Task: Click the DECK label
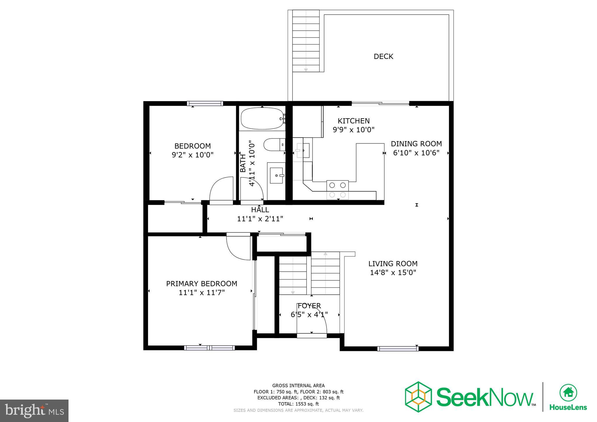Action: coord(383,57)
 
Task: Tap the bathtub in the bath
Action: coord(261,119)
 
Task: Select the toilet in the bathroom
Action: coord(274,145)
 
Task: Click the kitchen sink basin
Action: coord(303,150)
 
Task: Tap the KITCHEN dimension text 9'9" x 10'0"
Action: coord(353,130)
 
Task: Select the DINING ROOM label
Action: coord(416,144)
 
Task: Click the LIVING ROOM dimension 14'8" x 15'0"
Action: coord(393,273)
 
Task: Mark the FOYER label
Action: coord(309,306)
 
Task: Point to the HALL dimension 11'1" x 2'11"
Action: coord(260,219)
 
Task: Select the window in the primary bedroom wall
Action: coord(209,348)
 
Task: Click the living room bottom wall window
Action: coord(398,349)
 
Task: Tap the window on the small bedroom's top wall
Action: coord(205,103)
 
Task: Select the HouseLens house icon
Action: coord(568,393)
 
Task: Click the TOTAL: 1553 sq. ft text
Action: coord(298,404)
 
